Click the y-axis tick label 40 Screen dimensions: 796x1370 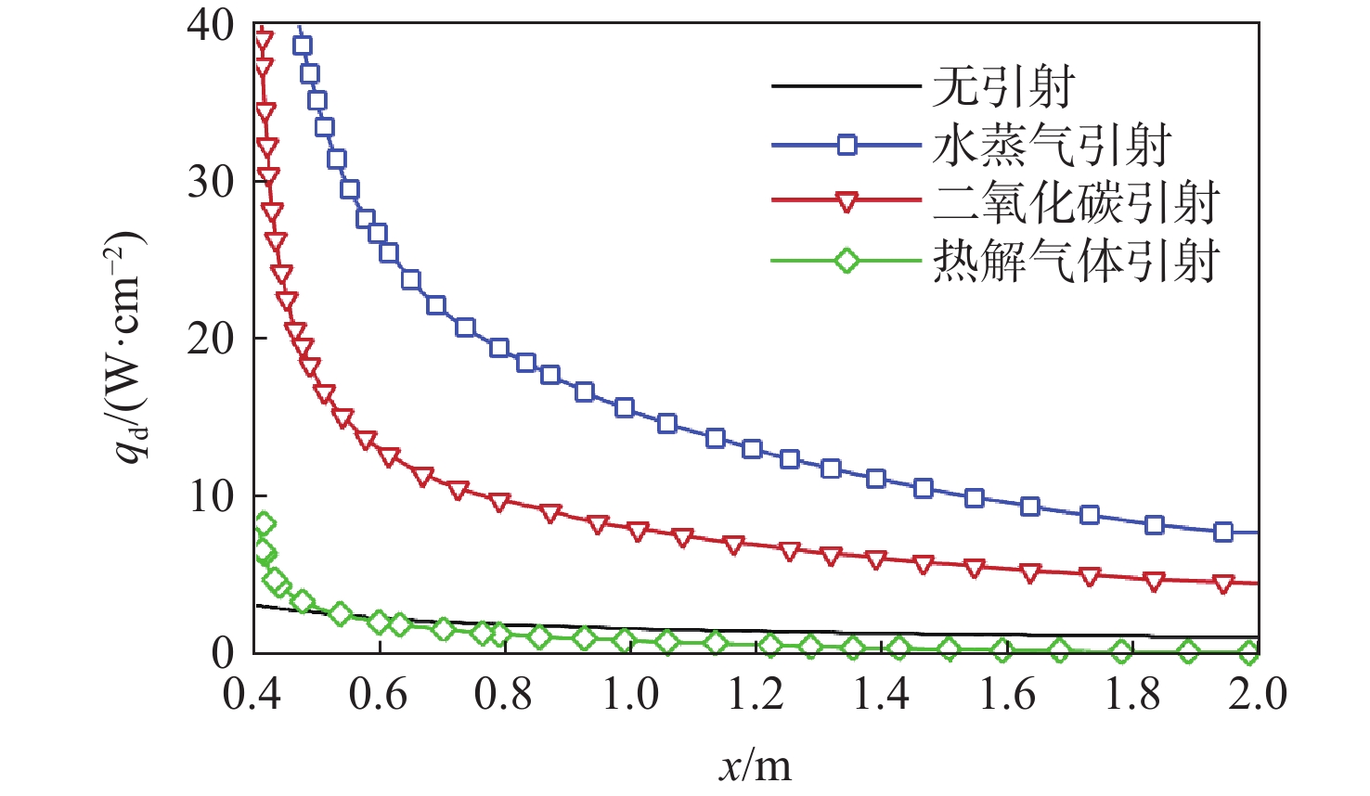(211, 25)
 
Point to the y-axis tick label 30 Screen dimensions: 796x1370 (211, 182)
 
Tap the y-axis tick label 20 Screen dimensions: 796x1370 (211, 339)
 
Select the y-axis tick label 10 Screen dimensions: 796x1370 (211, 496)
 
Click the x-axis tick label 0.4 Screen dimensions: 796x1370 (252, 694)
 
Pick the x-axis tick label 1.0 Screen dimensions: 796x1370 (630, 694)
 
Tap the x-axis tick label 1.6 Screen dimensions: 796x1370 (1007, 694)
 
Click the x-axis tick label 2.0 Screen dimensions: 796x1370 (1258, 694)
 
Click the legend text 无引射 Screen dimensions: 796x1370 (1002, 87)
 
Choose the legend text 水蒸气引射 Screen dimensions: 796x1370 (1052, 146)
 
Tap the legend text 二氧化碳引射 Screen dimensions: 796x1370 (1076, 203)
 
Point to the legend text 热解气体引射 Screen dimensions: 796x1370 (1076, 261)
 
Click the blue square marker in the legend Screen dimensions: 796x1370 (847, 145)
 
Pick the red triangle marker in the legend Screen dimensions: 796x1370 (847, 202)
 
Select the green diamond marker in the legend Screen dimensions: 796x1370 (847, 261)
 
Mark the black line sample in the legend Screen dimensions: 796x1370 (846, 87)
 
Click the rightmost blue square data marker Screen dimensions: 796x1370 (1223, 532)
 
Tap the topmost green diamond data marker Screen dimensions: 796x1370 (264, 524)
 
